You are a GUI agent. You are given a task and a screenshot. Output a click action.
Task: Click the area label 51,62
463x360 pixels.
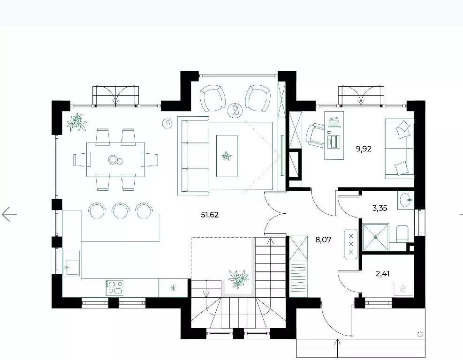click(x=210, y=215)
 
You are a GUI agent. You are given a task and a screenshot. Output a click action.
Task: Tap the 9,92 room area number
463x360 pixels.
click(x=364, y=149)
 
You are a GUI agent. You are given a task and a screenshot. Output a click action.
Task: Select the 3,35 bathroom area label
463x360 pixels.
click(x=380, y=208)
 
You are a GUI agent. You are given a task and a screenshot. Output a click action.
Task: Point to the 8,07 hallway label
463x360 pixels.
click(x=323, y=240)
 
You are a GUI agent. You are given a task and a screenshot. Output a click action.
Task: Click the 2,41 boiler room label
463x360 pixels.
click(x=382, y=274)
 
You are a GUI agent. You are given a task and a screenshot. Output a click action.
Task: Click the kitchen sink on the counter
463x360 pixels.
click(x=71, y=263)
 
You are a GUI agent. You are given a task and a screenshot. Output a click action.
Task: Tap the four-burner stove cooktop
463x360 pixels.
click(x=114, y=288)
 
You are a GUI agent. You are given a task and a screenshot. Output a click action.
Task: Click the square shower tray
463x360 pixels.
click(x=376, y=237)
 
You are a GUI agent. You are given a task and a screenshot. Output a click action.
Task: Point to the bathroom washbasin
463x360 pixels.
click(x=406, y=200)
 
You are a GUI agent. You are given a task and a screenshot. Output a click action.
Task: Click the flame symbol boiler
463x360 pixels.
click(x=403, y=289)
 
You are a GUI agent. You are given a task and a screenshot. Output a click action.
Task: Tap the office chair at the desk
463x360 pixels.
click(x=315, y=135)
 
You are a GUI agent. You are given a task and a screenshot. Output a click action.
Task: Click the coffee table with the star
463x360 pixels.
click(x=227, y=156)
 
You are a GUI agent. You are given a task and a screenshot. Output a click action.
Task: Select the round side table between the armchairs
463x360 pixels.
click(x=235, y=110)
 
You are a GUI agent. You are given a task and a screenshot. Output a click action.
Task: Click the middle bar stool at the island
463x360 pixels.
click(x=121, y=210)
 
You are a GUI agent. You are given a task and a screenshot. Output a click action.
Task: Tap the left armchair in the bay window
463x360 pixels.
click(x=213, y=98)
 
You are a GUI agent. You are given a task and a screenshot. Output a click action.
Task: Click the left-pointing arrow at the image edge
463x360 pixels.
click(x=9, y=214)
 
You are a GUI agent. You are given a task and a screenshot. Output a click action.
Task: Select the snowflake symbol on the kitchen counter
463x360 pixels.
click(x=173, y=288)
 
